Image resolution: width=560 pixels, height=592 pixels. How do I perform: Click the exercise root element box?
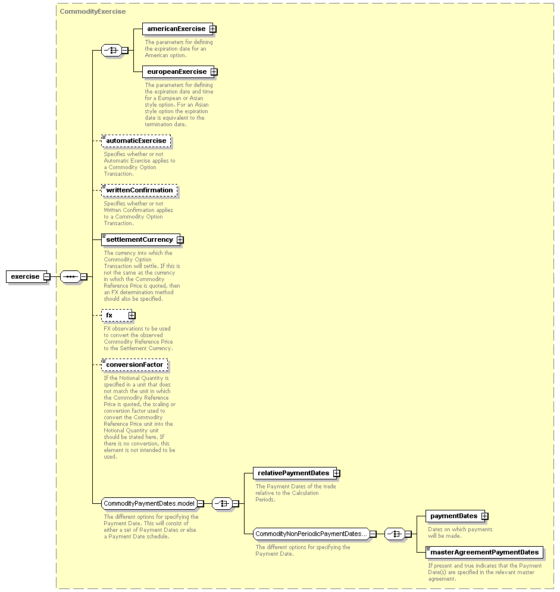pos(26,276)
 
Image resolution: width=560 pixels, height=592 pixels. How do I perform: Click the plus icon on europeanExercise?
pos(214,71)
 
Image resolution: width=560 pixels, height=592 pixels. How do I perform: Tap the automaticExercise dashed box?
pos(136,141)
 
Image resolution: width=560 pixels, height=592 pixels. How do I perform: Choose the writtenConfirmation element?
pos(139,191)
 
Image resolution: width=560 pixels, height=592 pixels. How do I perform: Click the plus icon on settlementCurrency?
pos(180,240)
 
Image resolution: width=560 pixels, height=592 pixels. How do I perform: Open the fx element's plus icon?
pos(132,315)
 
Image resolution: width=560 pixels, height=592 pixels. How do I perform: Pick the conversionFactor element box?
pos(134,364)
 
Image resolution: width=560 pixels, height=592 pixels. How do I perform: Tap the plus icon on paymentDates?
pos(485,516)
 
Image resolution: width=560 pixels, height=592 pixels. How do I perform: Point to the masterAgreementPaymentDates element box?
pos(484,552)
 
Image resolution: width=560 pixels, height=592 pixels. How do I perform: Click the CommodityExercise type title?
pos(93,11)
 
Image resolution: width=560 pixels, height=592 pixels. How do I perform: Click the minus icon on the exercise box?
pos(47,277)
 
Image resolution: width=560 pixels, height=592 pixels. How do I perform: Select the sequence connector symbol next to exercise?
pos(71,277)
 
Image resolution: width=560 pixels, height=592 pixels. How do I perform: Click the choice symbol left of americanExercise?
pos(111,50)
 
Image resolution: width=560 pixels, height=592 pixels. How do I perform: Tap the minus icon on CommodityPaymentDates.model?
pos(201,504)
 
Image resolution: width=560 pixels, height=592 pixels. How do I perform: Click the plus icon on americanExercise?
pos(213,29)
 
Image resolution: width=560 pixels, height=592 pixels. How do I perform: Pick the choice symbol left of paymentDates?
pos(395,534)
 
